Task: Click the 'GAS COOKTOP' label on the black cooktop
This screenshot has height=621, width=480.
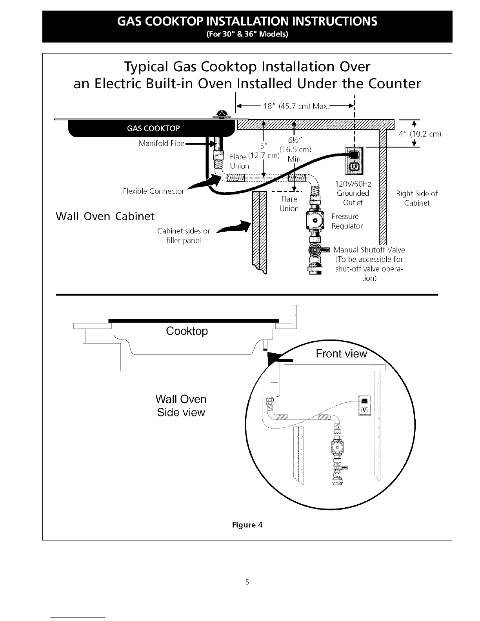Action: [x=153, y=128]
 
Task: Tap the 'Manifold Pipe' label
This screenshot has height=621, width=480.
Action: [x=162, y=143]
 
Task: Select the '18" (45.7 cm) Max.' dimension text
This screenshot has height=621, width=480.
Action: [x=296, y=106]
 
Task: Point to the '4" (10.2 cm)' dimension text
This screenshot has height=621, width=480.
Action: [x=420, y=134]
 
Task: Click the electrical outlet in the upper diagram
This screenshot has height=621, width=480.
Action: [x=354, y=161]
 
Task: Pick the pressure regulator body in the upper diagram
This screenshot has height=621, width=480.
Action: [x=315, y=220]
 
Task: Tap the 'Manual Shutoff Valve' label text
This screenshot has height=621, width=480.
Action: [x=369, y=250]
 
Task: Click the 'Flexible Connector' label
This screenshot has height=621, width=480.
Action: [x=153, y=191]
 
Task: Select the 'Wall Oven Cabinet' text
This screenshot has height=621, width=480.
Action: [x=105, y=216]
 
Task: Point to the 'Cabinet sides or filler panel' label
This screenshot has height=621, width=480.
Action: [x=184, y=236]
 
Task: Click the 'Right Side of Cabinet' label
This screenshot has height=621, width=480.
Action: [x=417, y=198]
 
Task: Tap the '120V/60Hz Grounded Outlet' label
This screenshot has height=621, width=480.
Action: [x=353, y=193]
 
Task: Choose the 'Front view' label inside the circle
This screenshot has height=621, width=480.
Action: [x=341, y=354]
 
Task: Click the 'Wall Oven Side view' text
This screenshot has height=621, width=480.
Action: [x=181, y=405]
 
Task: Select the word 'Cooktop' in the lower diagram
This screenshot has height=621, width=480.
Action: [x=187, y=331]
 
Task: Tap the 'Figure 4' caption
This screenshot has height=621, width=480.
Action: [x=247, y=525]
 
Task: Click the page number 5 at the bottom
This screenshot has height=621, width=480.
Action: [x=247, y=582]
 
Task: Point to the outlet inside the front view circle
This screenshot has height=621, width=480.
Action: [x=364, y=405]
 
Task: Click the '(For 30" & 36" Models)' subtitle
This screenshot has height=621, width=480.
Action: [x=247, y=34]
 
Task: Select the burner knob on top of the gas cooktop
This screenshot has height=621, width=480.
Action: [x=221, y=114]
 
